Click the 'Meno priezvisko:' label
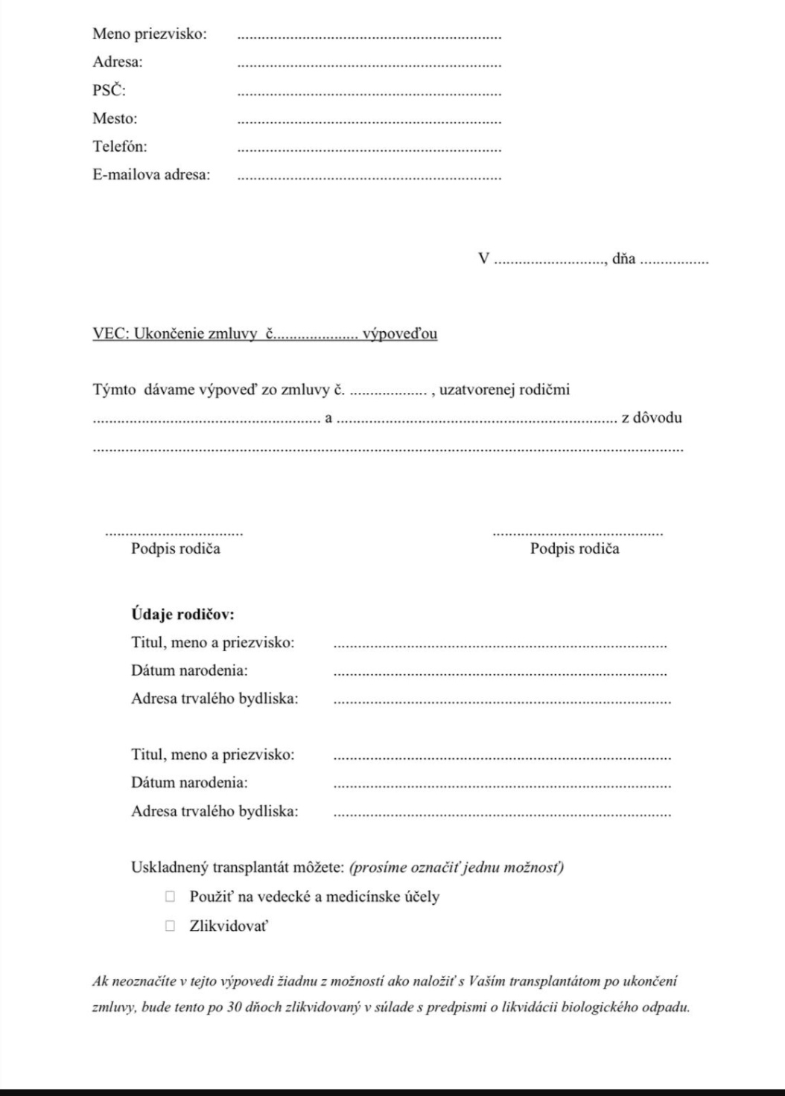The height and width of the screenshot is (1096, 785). pos(150,33)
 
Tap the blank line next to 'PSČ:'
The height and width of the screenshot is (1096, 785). pos(369,94)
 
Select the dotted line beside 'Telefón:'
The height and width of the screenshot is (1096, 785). pos(369,150)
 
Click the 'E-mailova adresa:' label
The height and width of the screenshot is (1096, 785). pos(151,175)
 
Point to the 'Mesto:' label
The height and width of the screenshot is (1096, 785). pos(115,118)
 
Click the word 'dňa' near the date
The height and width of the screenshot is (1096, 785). pos(623,259)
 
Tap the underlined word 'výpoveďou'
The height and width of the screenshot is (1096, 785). pos(399,334)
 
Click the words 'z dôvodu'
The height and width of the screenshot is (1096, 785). pos(652,417)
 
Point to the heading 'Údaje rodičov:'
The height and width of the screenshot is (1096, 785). pos(182,615)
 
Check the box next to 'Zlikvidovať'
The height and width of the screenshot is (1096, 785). pos(171,926)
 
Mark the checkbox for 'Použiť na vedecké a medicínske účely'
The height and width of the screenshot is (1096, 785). pos(171,897)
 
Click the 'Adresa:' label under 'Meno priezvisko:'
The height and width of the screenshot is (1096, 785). pos(118,62)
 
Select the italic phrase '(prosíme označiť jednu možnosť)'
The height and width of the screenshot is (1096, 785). pos(456,868)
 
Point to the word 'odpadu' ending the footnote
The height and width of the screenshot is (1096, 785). pos(670,1009)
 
